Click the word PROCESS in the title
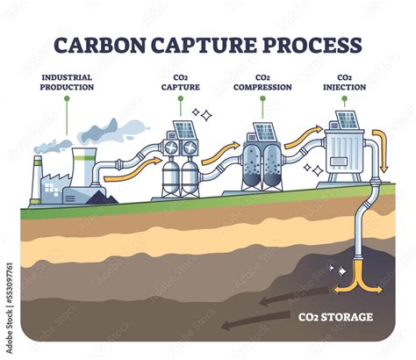tap(312, 46)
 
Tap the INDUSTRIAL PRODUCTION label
tap(67, 82)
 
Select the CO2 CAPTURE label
tap(180, 82)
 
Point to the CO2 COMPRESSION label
tap(262, 82)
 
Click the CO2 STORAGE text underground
tap(334, 316)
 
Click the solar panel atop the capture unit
tap(184, 131)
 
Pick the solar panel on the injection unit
tap(345, 120)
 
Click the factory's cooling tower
tap(84, 167)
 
